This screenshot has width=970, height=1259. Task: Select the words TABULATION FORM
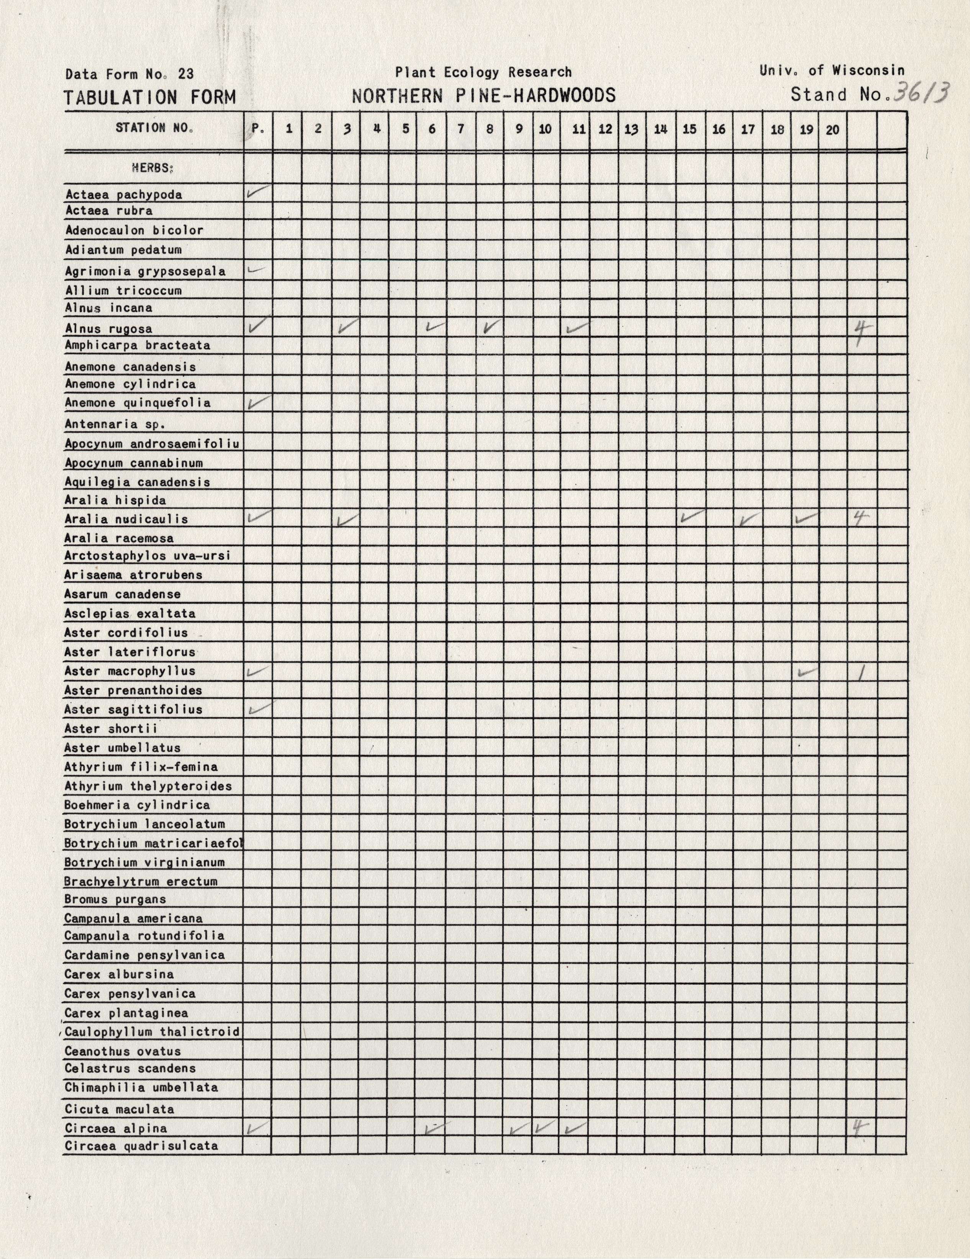coord(150,97)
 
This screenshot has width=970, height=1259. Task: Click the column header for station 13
coord(632,129)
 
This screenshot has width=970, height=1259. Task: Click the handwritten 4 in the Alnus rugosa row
coord(862,332)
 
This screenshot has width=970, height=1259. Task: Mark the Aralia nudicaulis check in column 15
coord(691,516)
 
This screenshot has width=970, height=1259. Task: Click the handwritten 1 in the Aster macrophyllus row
coord(861,672)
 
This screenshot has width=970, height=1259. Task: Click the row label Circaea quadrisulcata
coord(141,1146)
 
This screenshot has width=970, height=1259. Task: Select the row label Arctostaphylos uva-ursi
coord(147,556)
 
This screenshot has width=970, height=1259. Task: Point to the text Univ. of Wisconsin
coord(832,71)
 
